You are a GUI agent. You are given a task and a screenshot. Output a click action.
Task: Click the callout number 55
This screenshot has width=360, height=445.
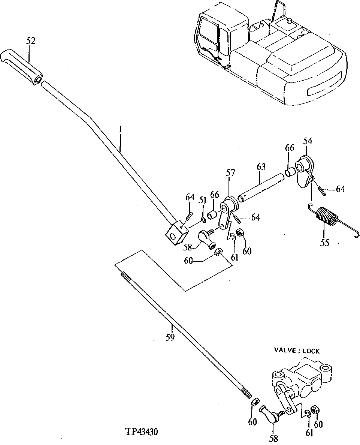[x=324, y=243]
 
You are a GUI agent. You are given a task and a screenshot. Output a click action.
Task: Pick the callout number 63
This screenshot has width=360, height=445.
[x=261, y=166]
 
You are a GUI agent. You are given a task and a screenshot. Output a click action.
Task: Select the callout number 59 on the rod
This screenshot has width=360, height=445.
[x=170, y=338]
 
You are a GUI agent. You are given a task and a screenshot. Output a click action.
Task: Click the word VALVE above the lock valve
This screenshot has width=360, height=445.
[x=285, y=351]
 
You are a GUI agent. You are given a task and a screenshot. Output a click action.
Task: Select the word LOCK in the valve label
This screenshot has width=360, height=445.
[x=311, y=351]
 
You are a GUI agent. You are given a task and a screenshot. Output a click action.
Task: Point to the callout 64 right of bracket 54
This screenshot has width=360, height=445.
[x=340, y=189]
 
